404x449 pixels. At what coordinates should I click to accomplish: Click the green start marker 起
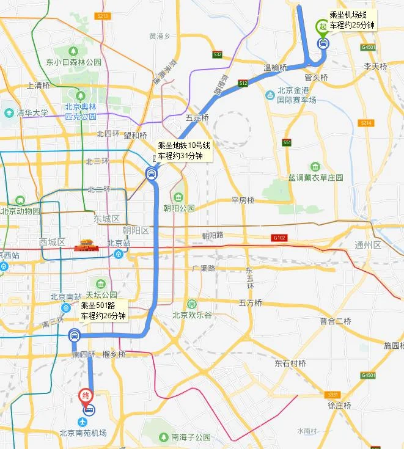point(321,27)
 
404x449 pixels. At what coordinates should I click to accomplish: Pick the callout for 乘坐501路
point(103,311)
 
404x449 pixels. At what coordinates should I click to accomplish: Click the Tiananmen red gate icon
point(84,246)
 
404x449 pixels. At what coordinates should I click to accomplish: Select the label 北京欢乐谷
point(192,315)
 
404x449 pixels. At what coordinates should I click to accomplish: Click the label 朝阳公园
point(178,208)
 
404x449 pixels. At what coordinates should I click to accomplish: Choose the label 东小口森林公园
point(73,62)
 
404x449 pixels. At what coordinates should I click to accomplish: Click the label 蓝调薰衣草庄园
point(316,177)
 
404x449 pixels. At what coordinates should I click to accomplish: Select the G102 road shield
point(279,237)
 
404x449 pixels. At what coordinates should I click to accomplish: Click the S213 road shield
point(102,15)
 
